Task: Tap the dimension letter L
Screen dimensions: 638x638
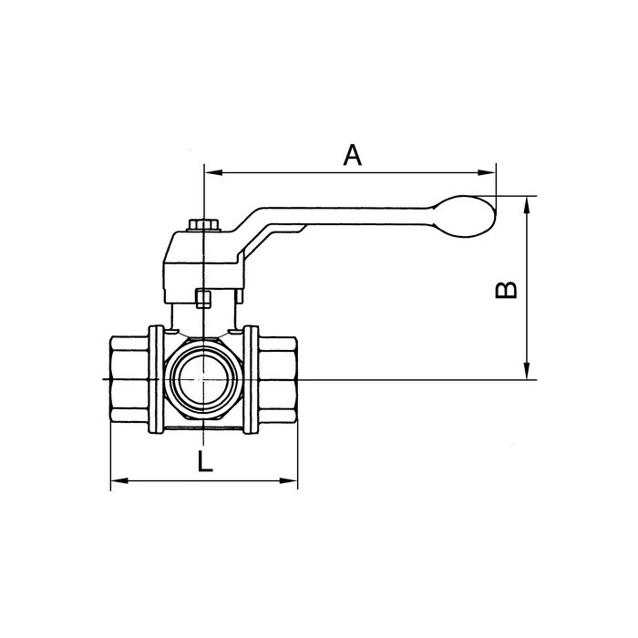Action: pos(205,462)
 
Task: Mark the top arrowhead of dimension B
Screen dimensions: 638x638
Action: pos(527,202)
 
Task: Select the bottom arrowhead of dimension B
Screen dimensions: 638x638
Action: pos(527,373)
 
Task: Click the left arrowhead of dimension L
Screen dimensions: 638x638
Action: pos(117,481)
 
